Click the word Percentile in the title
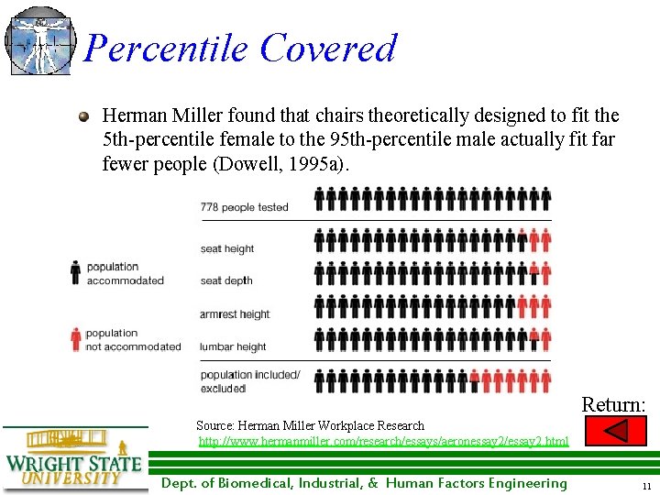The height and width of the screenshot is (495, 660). pos(166,48)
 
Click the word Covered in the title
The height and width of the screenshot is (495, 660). pos(327,48)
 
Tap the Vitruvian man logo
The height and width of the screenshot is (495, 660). pos(38,41)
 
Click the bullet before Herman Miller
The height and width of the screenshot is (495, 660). pos(84,117)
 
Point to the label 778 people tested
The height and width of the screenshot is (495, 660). pos(245,207)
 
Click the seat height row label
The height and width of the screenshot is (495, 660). pos(226,248)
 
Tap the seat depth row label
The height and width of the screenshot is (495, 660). pos(225,280)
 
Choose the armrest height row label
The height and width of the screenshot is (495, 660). pos(235,314)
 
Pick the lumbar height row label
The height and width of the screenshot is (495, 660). pos(233,346)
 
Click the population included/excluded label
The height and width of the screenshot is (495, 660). pos(249,380)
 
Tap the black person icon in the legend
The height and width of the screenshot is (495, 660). pos(76,273)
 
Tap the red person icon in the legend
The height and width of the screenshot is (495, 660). pos(76,339)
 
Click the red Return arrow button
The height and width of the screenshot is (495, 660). pos(615,431)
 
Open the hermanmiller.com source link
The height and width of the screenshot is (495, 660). pos(383,442)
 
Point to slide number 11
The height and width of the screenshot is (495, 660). pos(646,486)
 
